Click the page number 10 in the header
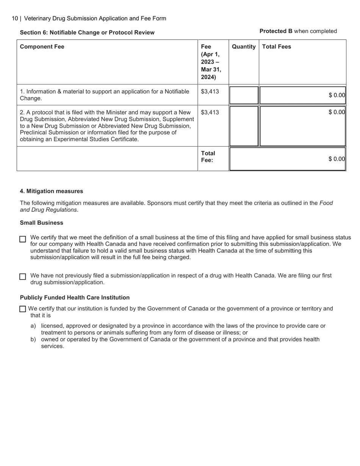pyautogui.click(x=15, y=19)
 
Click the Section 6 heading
pyautogui.click(x=87, y=33)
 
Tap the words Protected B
pyautogui.click(x=276, y=31)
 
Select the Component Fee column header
pyautogui.click(x=42, y=47)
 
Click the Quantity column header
pyautogui.click(x=244, y=47)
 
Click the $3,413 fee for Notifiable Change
pyautogui.click(x=210, y=91)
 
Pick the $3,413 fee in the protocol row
pyautogui.click(x=210, y=112)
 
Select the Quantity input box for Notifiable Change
pyautogui.click(x=244, y=95)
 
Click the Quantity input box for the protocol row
pyautogui.click(x=244, y=126)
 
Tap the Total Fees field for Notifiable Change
pyautogui.click(x=302, y=95)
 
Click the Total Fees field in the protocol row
pyautogui.click(x=302, y=126)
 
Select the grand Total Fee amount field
pyautogui.click(x=288, y=159)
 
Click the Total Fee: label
pyautogui.click(x=208, y=157)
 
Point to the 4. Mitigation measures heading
pyautogui.click(x=52, y=191)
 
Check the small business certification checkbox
pyautogui.click(x=23, y=239)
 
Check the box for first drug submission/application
pyautogui.click(x=23, y=277)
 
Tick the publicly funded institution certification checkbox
pyautogui.click(x=23, y=309)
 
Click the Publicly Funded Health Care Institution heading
pyautogui.click(x=75, y=297)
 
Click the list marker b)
pyautogui.click(x=33, y=339)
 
